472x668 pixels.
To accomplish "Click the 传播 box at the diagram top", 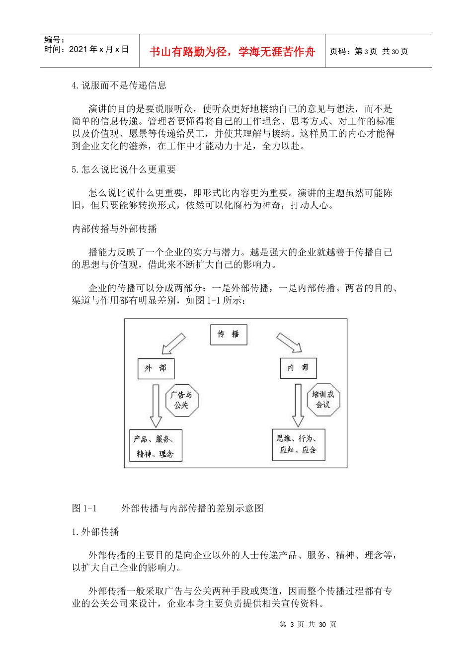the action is [x=229, y=334].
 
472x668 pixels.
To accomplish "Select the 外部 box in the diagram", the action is [x=156, y=368].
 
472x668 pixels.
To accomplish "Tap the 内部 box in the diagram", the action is [x=298, y=368].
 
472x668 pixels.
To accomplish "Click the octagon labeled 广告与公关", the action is [x=182, y=400].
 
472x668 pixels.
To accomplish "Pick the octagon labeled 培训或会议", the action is [x=323, y=400].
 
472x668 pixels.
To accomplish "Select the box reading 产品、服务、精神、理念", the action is [x=156, y=446].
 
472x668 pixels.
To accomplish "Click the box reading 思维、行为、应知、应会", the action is [x=298, y=445].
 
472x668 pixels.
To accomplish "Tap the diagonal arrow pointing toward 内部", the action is [x=289, y=343].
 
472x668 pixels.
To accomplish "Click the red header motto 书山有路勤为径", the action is [x=233, y=52].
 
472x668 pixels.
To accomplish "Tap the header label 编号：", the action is [x=55, y=40].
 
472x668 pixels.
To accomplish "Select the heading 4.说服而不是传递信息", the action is [x=119, y=85].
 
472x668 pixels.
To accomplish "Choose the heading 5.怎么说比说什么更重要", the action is [x=124, y=169].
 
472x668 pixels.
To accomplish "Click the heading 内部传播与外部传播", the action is [x=115, y=229].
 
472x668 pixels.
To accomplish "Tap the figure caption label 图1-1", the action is [x=84, y=508].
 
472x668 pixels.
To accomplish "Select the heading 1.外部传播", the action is [x=95, y=532].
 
